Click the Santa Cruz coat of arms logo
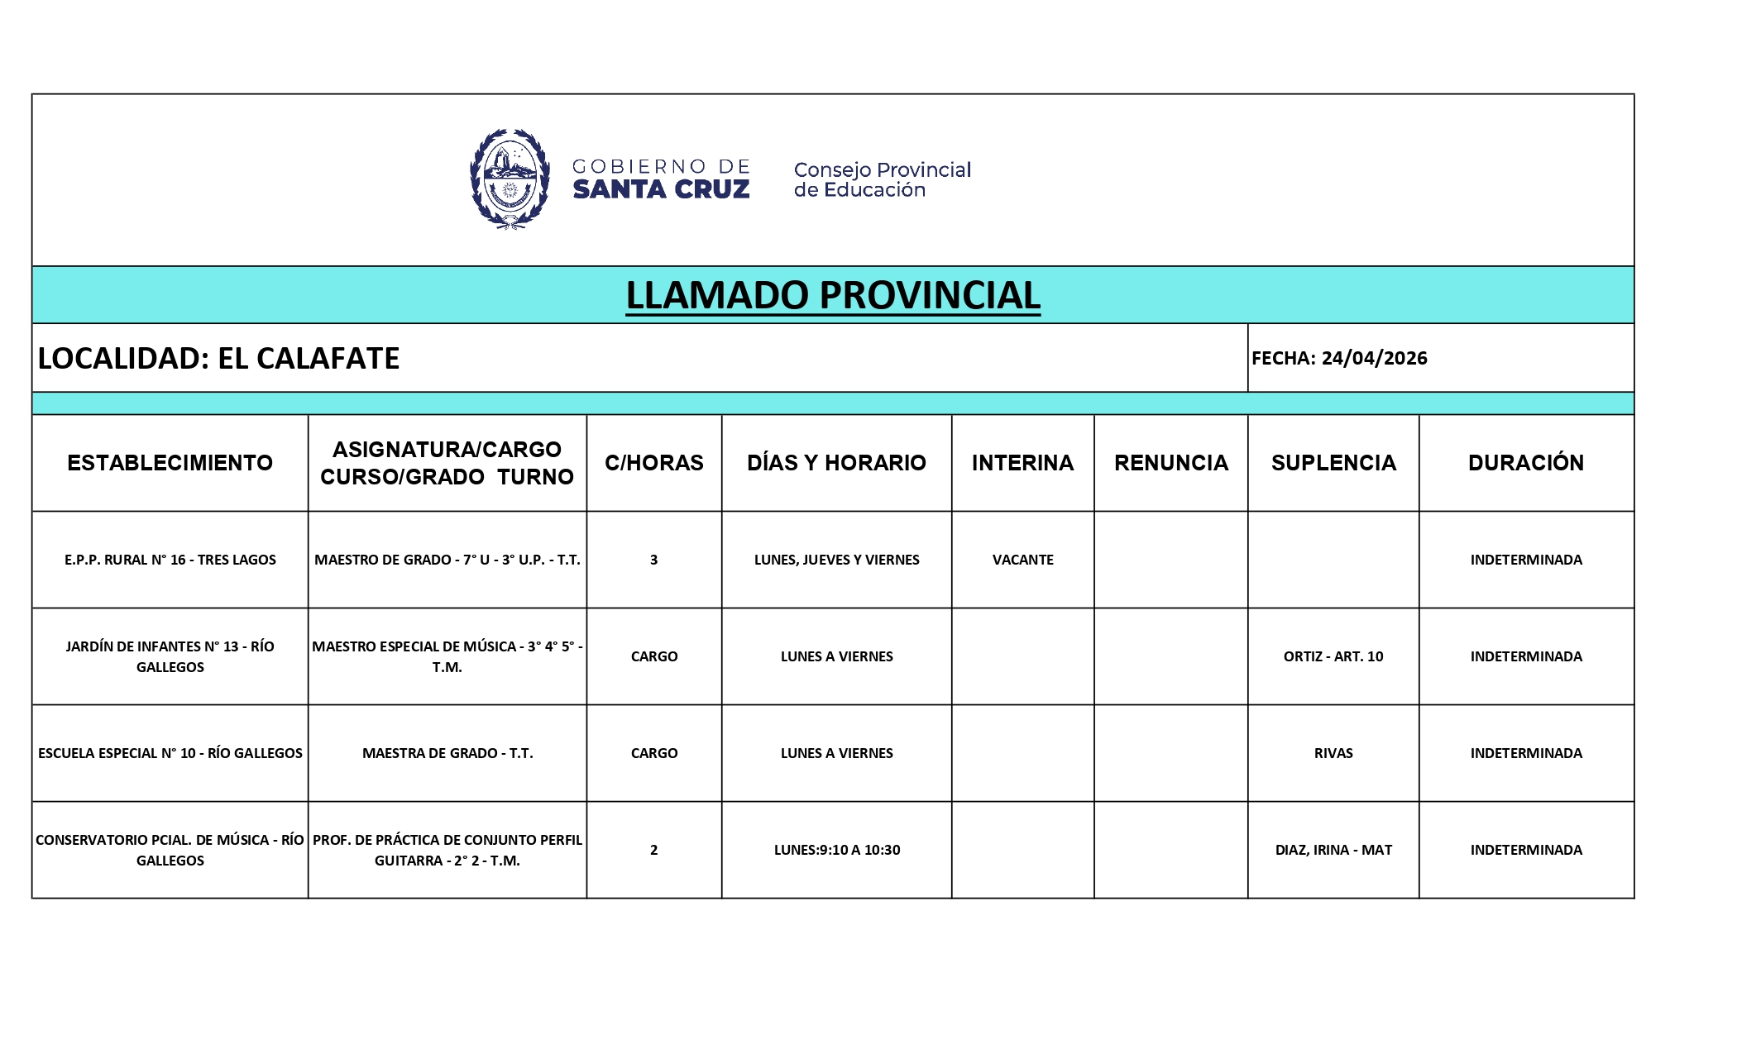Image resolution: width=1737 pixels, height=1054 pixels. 510,179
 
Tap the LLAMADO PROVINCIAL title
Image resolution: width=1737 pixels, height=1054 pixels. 832,295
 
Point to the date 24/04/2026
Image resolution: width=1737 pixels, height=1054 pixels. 1374,358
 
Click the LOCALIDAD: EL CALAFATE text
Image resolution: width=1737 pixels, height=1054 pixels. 218,358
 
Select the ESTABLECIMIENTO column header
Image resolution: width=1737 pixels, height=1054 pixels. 170,463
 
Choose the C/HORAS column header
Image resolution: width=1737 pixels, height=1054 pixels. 653,463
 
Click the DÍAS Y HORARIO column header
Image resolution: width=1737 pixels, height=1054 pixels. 836,463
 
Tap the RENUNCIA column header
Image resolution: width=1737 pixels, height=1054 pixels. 1170,463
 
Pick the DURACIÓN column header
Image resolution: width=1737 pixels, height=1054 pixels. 1525,463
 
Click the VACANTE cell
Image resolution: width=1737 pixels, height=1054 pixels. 1022,560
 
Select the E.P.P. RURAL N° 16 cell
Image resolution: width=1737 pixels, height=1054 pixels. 170,560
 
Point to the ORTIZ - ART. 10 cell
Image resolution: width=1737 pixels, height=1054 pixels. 1333,656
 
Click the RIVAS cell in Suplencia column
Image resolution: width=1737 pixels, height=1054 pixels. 1333,753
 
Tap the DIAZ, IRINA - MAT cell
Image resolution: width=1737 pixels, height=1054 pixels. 1333,850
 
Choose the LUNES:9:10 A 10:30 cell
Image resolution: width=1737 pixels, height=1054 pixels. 836,850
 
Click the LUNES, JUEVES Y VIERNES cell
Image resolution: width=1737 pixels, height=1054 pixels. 836,560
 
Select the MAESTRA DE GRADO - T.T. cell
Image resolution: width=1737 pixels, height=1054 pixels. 447,753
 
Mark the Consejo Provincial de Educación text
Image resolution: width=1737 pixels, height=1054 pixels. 882,179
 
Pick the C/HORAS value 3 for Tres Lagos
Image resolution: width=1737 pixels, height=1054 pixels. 653,560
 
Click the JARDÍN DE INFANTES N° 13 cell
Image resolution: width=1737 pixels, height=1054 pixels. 170,656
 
